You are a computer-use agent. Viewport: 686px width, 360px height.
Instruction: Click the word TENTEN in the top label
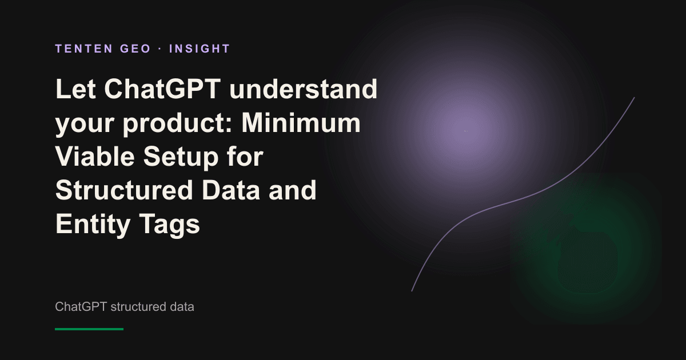[84, 49]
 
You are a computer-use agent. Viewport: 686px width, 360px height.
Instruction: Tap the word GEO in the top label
[135, 49]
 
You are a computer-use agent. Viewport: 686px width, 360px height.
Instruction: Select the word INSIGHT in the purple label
[200, 49]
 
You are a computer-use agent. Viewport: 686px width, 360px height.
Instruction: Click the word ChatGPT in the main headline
[162, 89]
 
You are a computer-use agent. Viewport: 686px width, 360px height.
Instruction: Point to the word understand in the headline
[303, 89]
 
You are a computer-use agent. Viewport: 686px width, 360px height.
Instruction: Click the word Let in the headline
[75, 89]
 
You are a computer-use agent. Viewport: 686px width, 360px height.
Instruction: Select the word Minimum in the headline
[301, 123]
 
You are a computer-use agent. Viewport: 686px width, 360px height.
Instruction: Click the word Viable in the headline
[95, 157]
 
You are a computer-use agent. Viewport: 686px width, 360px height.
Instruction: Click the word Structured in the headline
[125, 190]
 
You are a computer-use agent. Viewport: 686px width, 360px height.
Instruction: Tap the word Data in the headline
[231, 190]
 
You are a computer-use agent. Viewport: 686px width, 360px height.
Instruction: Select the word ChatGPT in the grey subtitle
[81, 307]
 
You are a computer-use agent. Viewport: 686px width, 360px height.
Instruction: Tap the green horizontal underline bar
[89, 329]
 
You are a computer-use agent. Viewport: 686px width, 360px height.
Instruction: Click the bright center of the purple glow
[466, 131]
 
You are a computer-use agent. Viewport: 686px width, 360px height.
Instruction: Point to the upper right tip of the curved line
[634, 98]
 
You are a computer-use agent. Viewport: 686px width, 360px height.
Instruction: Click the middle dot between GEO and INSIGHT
[160, 49]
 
